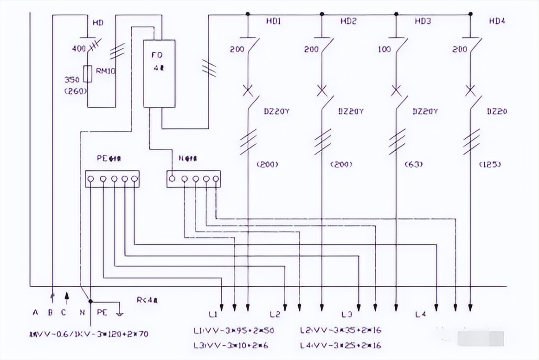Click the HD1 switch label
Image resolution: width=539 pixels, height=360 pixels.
[273, 21]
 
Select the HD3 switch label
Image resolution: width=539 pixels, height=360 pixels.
[423, 21]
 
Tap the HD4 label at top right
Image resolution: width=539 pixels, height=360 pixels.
[497, 21]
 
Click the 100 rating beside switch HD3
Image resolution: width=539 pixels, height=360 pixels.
[384, 49]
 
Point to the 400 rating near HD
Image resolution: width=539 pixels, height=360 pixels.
[79, 48]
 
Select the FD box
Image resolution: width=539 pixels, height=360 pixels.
[159, 73]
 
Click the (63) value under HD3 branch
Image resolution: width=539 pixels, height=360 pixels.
[414, 164]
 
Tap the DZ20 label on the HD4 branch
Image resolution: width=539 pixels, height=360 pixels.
[497, 111]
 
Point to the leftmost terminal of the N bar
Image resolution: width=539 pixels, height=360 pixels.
[172, 179]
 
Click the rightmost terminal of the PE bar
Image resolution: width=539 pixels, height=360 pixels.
[135, 179]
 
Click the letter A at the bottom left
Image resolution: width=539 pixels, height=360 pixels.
[35, 312]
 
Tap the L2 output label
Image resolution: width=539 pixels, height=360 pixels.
[275, 315]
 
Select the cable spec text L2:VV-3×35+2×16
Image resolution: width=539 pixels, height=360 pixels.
[341, 330]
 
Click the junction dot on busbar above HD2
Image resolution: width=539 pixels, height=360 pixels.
[322, 14]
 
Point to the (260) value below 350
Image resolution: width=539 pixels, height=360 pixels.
[76, 91]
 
